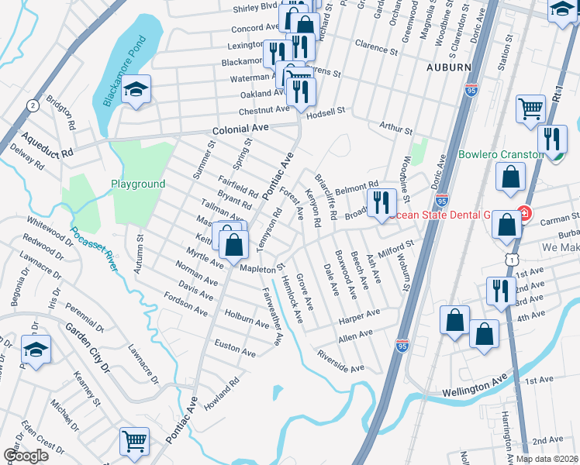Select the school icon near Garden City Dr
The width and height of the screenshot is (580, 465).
pyautogui.click(x=36, y=351)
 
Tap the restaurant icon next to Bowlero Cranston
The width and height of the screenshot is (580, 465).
pyautogui.click(x=551, y=139)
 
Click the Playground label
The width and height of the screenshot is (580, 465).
pyautogui.click(x=138, y=184)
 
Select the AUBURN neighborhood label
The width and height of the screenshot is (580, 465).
pyautogui.click(x=448, y=68)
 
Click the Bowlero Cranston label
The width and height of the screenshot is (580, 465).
pyautogui.click(x=501, y=154)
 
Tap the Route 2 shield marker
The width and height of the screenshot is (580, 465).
pyautogui.click(x=33, y=105)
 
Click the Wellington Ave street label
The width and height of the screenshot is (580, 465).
pyautogui.click(x=475, y=386)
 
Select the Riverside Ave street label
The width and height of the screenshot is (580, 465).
pyautogui.click(x=340, y=360)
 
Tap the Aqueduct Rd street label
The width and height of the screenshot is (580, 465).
pyautogui.click(x=47, y=143)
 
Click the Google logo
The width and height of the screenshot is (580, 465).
pyautogui.click(x=26, y=456)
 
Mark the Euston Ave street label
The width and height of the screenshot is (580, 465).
pyautogui.click(x=235, y=349)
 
